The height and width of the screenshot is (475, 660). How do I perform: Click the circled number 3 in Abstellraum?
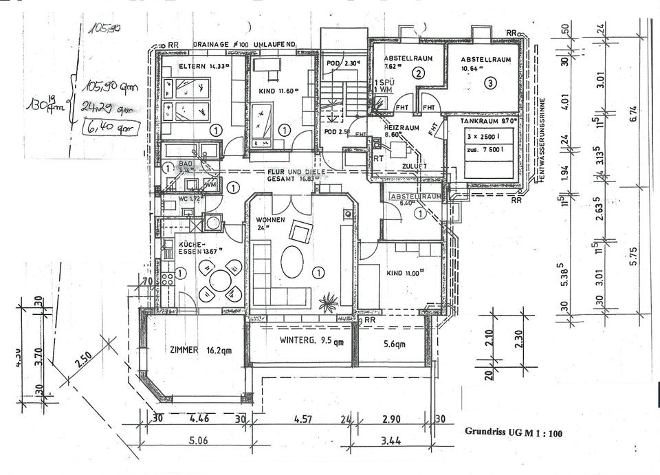(x=489, y=83)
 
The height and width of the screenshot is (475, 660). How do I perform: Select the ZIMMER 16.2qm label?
(x=193, y=349)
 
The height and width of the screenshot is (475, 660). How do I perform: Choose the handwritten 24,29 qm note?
(x=102, y=107)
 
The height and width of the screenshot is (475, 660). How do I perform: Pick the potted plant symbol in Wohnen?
(x=329, y=299)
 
